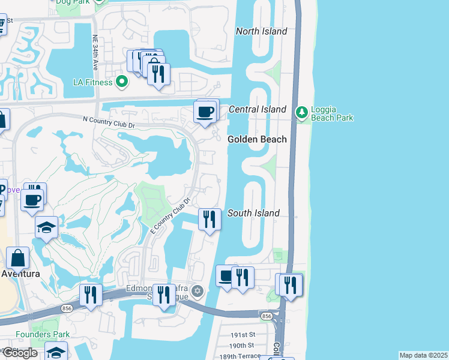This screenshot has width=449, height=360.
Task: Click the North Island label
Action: (261, 31)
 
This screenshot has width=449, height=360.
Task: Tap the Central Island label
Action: (258, 109)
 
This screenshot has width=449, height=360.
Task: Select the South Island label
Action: (254, 213)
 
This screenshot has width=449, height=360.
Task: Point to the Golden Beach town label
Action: (257, 139)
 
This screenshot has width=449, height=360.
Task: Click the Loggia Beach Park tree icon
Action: (301, 110)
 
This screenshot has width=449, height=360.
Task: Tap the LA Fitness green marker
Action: (122, 81)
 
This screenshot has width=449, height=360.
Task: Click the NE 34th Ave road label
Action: (95, 50)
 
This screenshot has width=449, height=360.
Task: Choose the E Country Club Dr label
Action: (169, 217)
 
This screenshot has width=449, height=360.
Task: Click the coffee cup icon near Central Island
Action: (205, 112)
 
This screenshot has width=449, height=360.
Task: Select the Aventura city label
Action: (20, 274)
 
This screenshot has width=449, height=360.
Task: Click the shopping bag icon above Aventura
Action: (18, 259)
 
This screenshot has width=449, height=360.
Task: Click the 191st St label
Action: (244, 334)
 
